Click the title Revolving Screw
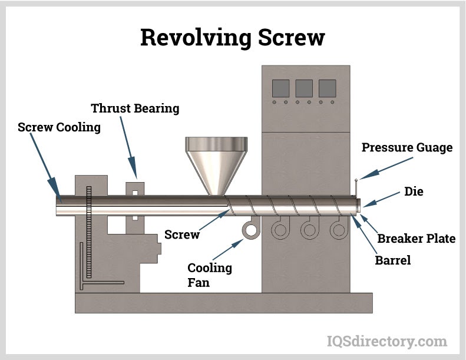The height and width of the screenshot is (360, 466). (x=232, y=38)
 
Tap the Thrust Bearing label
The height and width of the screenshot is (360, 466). (x=135, y=108)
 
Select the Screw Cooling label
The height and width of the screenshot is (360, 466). (x=59, y=127)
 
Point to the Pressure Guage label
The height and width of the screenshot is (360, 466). (x=407, y=147)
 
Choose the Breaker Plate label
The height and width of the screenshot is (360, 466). (x=416, y=239)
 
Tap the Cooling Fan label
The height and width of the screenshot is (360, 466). (x=210, y=275)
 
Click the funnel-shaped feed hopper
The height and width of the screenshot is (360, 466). (x=216, y=162)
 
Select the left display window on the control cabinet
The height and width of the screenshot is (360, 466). (x=280, y=88)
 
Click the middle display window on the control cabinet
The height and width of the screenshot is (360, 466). (x=303, y=88)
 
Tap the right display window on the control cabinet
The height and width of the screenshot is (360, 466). (x=327, y=88)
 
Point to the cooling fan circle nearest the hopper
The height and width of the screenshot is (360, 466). (x=251, y=230)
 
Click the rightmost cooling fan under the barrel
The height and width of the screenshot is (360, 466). (x=338, y=230)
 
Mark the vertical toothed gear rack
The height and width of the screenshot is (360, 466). (x=90, y=233)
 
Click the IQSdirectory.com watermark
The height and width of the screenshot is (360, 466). (x=386, y=341)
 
